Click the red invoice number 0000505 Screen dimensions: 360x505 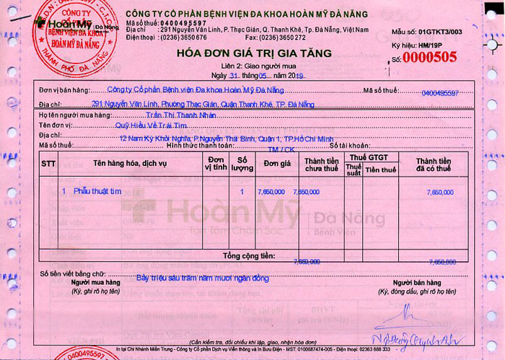click(434, 57)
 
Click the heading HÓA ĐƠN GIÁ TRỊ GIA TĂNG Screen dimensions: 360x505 click(253, 54)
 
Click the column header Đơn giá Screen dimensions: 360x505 click(276, 164)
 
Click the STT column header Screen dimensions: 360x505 click(48, 164)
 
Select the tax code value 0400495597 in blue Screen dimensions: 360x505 click(440, 94)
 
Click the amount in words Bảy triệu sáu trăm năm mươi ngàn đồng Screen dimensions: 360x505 click(203, 277)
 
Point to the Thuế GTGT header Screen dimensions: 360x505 click(369, 157)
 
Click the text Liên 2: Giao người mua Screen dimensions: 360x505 click(253, 66)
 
